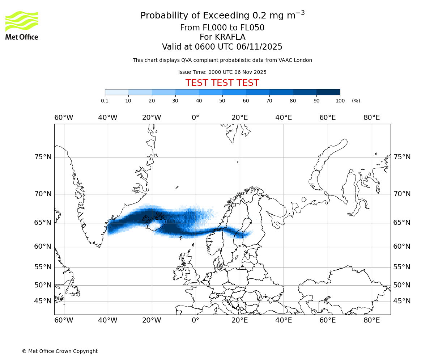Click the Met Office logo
click(x=22, y=25)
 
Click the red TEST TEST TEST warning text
click(x=222, y=83)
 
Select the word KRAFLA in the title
click(x=230, y=37)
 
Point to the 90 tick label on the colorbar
click(x=316, y=101)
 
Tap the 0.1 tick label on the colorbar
click(x=105, y=101)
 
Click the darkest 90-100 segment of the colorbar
click(x=328, y=92)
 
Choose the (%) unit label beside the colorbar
click(x=356, y=101)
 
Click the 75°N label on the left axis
click(x=43, y=157)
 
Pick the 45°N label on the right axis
click(x=402, y=301)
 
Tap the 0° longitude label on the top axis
click(x=195, y=118)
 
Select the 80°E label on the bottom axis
click(x=371, y=320)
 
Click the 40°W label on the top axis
click(x=108, y=118)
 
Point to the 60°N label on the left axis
click(x=43, y=247)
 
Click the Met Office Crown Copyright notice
click(x=60, y=351)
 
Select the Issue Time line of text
click(x=222, y=72)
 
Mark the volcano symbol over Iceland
click(x=159, y=216)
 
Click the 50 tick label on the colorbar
click(x=222, y=101)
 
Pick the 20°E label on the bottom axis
click(x=239, y=320)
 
